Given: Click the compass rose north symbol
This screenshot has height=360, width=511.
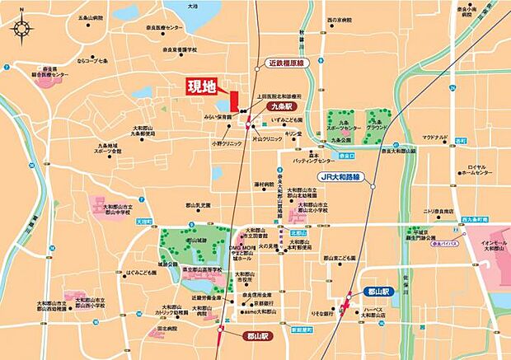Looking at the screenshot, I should click(x=21, y=30).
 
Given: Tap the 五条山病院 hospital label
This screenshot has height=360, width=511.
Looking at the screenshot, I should click(x=94, y=16).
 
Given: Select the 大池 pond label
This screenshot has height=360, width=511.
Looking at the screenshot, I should click(x=192, y=5).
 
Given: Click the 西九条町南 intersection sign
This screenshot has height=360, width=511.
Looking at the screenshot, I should click(x=476, y=219).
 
